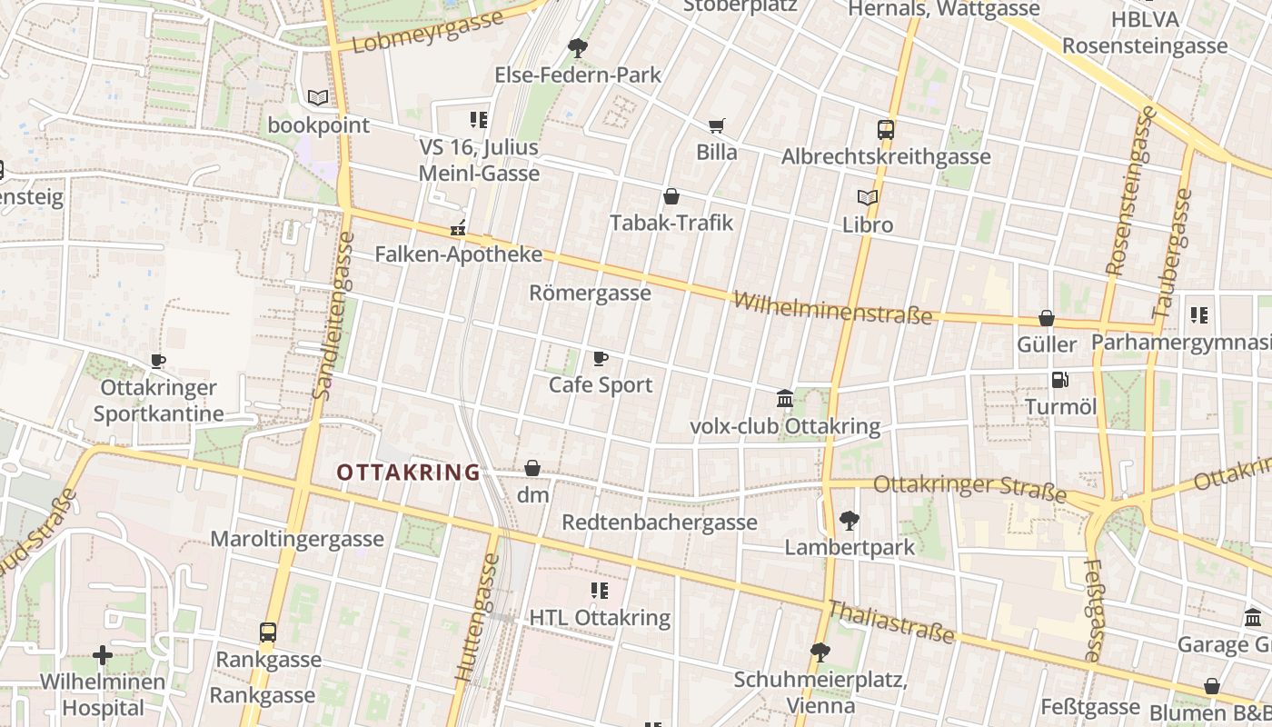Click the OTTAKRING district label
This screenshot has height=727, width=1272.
pyautogui.click(x=408, y=473)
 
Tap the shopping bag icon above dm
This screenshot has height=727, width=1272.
pyautogui.click(x=532, y=468)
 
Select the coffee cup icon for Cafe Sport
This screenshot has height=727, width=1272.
pyautogui.click(x=600, y=358)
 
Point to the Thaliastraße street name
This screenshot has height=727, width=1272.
pyautogui.click(x=890, y=622)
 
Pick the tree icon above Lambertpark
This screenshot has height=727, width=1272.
pyautogui.click(x=850, y=521)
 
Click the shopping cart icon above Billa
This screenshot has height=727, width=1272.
pyautogui.click(x=717, y=125)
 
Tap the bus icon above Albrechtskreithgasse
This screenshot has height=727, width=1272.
pyautogui.click(x=886, y=129)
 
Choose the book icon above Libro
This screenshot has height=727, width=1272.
pyautogui.click(x=868, y=197)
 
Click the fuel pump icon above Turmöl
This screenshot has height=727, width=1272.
pyautogui.click(x=1059, y=380)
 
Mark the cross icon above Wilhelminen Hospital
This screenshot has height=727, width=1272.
pyautogui.click(x=103, y=654)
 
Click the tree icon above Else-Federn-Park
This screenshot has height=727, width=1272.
pyautogui.click(x=577, y=47)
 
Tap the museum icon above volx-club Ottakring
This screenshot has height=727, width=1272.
pyautogui.click(x=785, y=398)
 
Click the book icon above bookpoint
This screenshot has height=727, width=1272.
pyautogui.click(x=317, y=97)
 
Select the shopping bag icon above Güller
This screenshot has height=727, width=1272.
pyautogui.click(x=1047, y=318)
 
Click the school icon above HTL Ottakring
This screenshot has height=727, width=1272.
pyautogui.click(x=599, y=591)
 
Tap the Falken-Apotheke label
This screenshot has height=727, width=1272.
pyautogui.click(x=459, y=254)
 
